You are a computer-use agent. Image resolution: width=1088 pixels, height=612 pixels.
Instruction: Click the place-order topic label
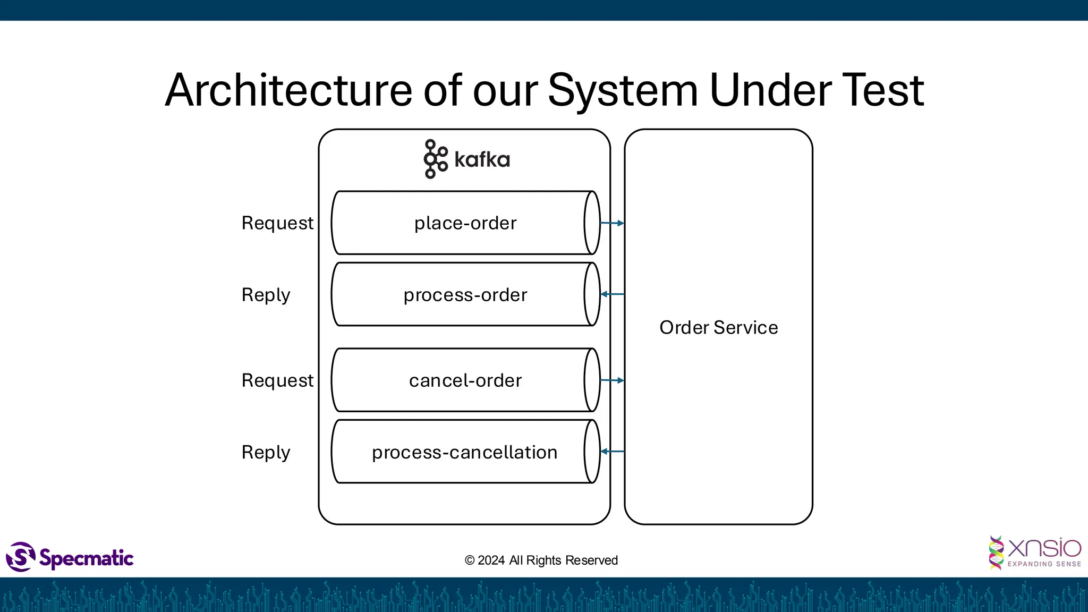click(x=465, y=223)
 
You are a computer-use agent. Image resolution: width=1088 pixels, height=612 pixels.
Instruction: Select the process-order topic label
click(x=465, y=295)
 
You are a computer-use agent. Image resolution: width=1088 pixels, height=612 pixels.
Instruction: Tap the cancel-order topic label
click(x=465, y=380)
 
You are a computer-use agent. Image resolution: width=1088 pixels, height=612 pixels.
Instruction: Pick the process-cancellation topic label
click(x=464, y=452)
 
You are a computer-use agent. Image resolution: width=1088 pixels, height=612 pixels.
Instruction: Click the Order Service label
click(x=718, y=327)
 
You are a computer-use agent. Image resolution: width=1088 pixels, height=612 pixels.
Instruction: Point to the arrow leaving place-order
click(x=612, y=223)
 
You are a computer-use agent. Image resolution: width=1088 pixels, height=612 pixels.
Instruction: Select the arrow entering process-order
click(x=612, y=294)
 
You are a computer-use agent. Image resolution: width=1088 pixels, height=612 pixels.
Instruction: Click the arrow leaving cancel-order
click(x=612, y=380)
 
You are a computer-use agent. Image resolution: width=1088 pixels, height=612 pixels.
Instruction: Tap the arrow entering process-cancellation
click(x=612, y=451)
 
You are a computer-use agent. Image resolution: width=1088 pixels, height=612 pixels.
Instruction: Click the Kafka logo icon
click(x=435, y=159)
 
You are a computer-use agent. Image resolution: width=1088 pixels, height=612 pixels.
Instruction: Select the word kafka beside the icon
click(x=482, y=159)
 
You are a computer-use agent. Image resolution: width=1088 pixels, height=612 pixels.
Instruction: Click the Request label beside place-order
click(x=277, y=223)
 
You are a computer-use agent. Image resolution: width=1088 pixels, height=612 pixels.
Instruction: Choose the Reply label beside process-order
click(x=266, y=295)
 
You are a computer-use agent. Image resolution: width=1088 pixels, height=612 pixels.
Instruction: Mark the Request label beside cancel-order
click(x=277, y=380)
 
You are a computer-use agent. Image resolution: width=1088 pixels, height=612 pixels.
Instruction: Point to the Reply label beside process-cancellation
click(x=266, y=452)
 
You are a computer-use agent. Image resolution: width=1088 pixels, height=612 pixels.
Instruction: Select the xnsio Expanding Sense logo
click(x=1034, y=552)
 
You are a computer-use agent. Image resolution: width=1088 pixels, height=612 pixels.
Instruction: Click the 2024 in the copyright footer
click(x=491, y=560)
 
